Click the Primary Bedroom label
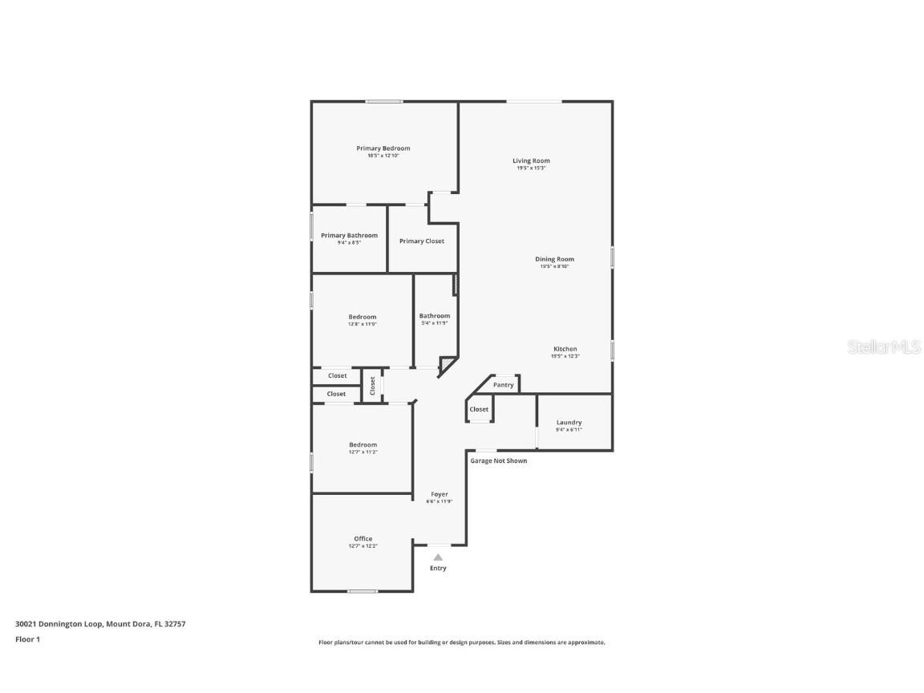pos(383,148)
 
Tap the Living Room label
pos(531,161)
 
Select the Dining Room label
pos(554,259)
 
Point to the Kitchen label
pos(565,349)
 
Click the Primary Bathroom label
pos(349,236)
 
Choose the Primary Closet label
pos(421,241)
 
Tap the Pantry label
pos(503,385)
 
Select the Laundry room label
pos(569,423)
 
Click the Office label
pos(363,539)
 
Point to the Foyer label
pos(439,494)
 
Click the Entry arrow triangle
pos(438,557)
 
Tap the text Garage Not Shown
pos(498,461)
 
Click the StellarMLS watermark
pos(885,347)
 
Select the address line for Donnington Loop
pos(100,623)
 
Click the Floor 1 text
pos(27,639)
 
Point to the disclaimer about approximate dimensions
pos(461,642)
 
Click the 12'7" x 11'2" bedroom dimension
pos(363,452)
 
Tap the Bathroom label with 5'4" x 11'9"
pos(434,316)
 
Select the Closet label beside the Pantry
pos(479,410)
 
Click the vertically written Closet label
pos(372,386)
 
